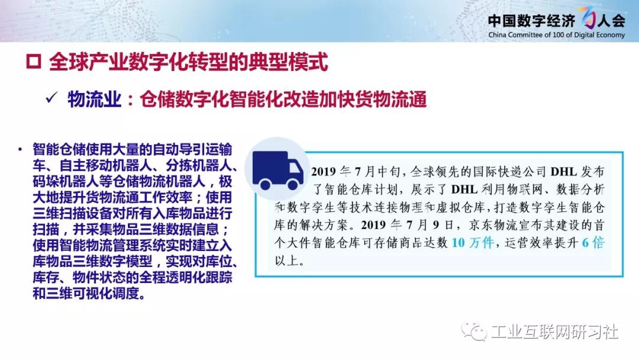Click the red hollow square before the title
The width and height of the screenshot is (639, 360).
pos(33,62)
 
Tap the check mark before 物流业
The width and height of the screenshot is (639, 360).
pos(51,98)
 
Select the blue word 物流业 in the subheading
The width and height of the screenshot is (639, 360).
pos(95,99)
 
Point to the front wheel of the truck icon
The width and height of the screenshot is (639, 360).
pos(293,185)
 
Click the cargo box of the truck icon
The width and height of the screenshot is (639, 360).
pos(270,167)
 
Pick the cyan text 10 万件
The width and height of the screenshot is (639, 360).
pos(473,243)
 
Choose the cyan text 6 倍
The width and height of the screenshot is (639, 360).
pos(593,243)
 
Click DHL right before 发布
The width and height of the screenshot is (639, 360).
pos(563,172)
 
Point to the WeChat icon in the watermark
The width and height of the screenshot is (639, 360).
pos(474,331)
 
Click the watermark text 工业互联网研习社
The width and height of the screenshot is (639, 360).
pos(554,332)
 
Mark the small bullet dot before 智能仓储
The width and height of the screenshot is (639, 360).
pos(20,149)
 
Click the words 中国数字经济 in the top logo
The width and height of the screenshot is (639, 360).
pos(531,20)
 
